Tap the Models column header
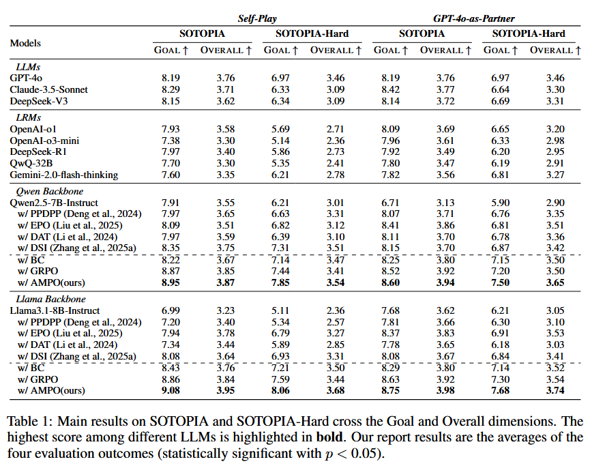(x=25, y=43)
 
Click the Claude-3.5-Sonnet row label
(x=49, y=89)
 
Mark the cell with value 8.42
(x=392, y=89)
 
